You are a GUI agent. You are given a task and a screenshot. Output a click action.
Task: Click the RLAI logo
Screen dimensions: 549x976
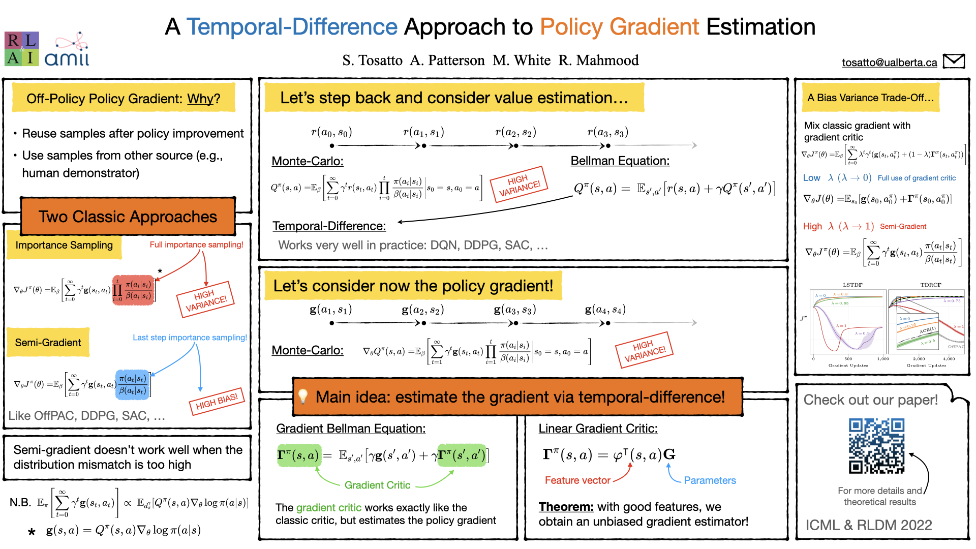(21, 49)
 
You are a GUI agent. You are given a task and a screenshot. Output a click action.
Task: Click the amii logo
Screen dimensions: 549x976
(67, 51)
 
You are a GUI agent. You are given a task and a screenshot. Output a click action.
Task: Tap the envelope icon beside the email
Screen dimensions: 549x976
(954, 61)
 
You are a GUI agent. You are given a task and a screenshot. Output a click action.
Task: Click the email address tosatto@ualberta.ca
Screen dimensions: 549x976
(889, 63)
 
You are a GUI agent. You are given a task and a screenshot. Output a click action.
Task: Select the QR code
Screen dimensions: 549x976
(876, 446)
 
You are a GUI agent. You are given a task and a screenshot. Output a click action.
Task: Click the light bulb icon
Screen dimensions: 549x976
(303, 396)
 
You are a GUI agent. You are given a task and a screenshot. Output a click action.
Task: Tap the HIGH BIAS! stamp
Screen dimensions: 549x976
(217, 402)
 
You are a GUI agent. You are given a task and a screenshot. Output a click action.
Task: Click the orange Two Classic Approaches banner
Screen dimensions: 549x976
(128, 217)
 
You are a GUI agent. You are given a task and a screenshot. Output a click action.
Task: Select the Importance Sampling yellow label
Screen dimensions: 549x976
(64, 245)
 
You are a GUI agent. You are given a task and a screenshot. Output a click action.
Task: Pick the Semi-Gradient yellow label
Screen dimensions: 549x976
(48, 343)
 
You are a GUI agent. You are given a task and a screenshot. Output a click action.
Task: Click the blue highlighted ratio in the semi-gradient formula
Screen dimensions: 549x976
(132, 384)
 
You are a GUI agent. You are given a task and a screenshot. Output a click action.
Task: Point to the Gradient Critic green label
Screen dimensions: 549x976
(377, 485)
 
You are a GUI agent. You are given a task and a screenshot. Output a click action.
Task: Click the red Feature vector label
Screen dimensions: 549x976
(577, 480)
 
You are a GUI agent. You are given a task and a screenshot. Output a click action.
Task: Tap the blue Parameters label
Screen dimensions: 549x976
(710, 480)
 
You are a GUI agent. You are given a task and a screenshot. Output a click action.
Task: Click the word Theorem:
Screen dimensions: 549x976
(566, 507)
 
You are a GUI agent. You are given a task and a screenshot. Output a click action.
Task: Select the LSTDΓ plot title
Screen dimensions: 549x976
(852, 285)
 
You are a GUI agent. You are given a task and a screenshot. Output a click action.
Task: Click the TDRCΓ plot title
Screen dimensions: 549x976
(930, 285)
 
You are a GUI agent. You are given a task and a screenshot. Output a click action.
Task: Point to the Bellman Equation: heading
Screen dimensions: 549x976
(620, 161)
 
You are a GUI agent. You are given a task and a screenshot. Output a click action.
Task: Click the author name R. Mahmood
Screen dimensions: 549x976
(598, 60)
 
